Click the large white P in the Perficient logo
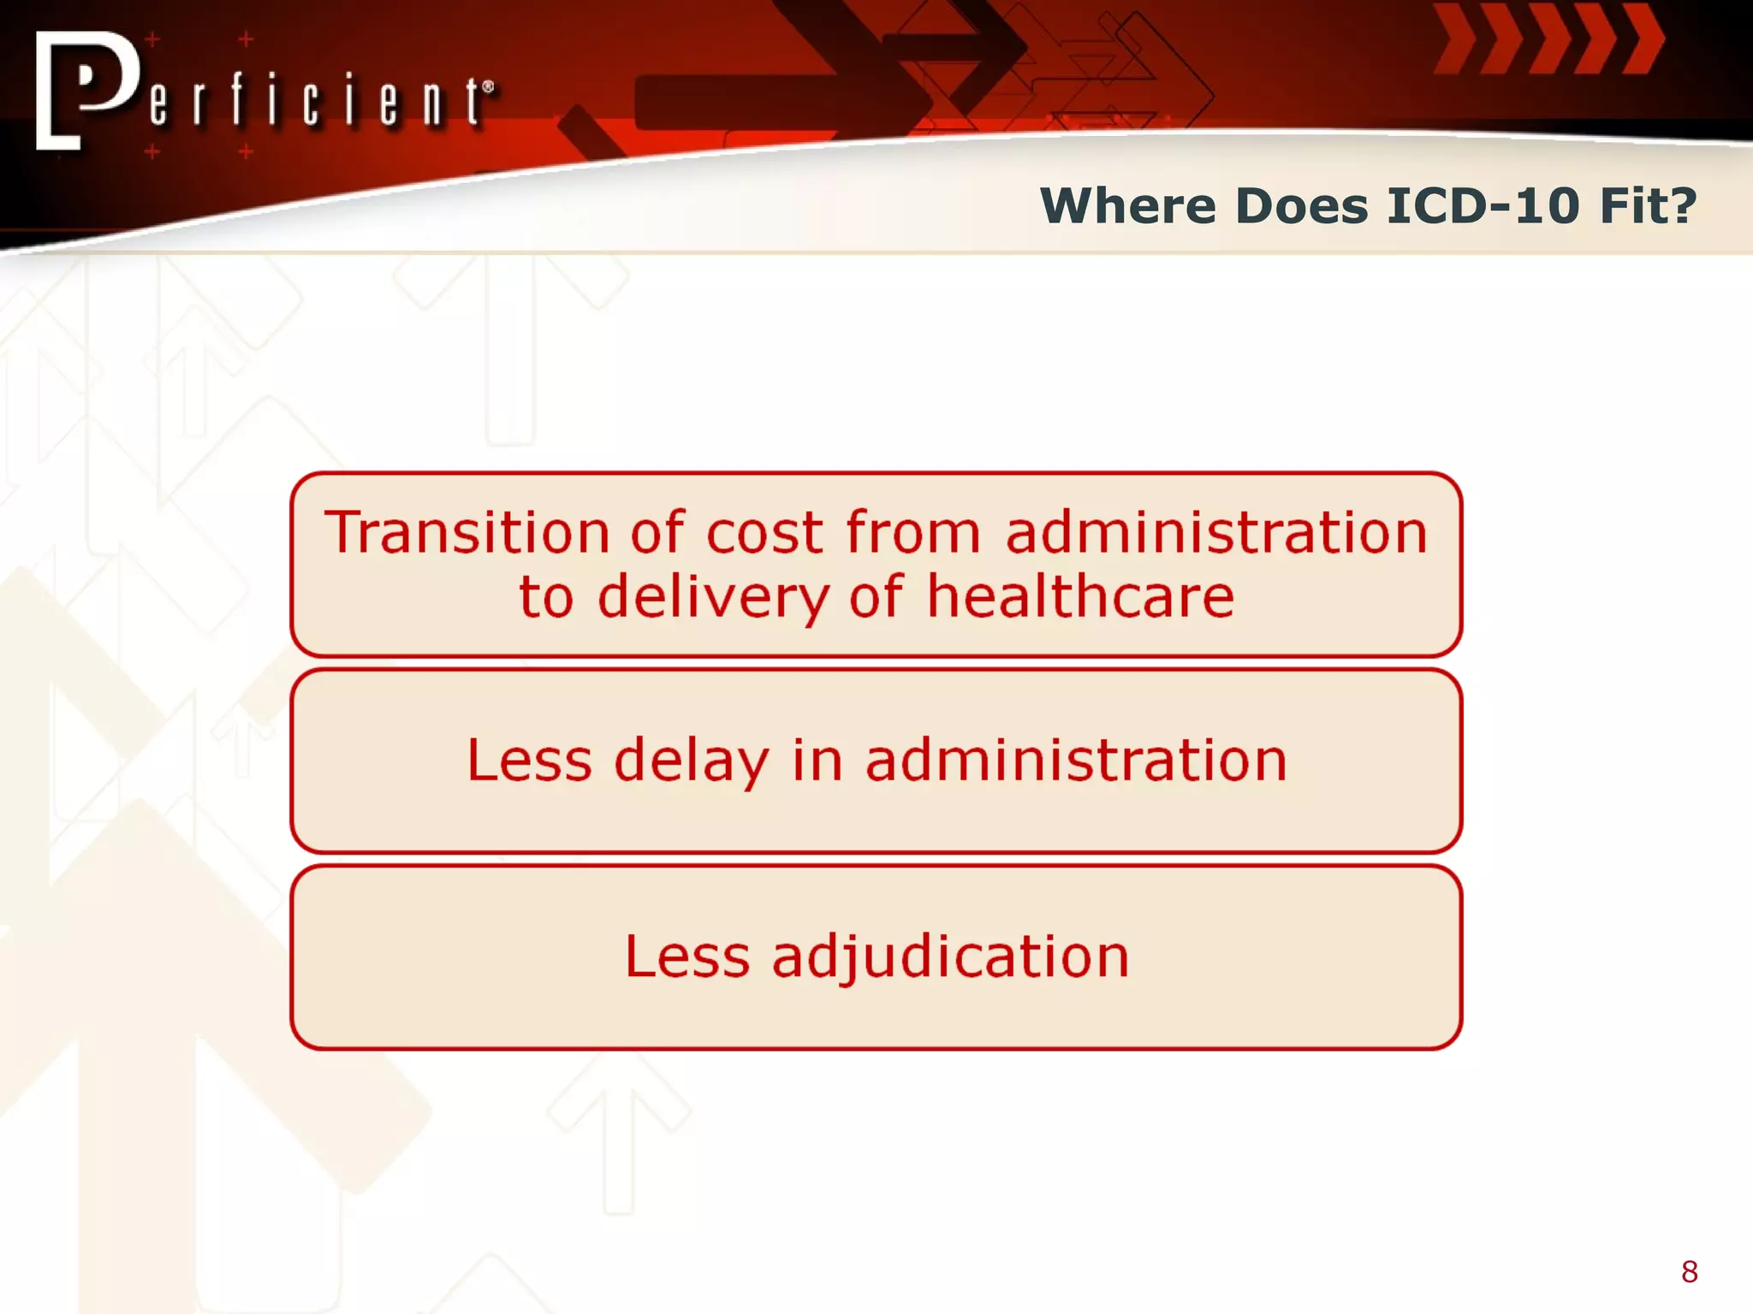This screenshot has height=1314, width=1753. click(90, 86)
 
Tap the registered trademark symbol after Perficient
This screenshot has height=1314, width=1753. click(488, 86)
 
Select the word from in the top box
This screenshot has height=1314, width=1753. click(912, 533)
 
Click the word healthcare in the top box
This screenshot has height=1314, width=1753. click(1080, 596)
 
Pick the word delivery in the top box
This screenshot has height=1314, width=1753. click(713, 598)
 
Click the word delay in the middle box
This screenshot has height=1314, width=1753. click(692, 761)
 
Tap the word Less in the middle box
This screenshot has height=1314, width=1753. click(529, 761)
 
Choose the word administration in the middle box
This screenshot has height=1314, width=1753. click(1076, 761)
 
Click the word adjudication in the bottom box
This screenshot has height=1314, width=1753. click(950, 957)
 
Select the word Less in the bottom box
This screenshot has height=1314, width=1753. click(687, 956)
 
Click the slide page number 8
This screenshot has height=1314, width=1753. click(1689, 1272)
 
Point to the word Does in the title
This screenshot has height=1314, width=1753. click(1301, 206)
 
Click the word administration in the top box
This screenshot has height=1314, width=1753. click(1216, 533)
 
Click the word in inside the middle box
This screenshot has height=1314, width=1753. click(817, 761)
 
